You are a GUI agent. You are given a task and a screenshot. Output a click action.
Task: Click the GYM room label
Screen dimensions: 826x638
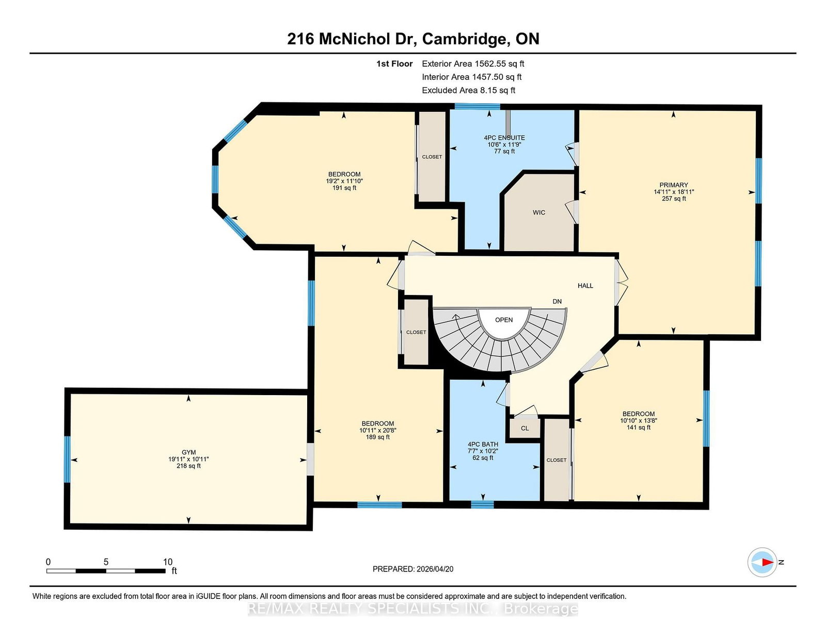(188, 452)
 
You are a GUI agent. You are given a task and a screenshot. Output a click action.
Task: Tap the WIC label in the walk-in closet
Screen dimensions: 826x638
(538, 212)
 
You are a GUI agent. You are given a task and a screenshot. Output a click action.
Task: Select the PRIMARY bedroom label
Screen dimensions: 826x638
(674, 185)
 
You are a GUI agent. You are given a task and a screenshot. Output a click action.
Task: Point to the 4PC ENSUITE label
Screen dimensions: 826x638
(504, 138)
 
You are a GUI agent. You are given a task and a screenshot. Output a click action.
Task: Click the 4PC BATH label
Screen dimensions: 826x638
(483, 444)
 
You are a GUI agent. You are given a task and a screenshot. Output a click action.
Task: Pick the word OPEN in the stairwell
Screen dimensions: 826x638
(504, 320)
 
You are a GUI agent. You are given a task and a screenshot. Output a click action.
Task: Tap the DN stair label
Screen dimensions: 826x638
(557, 302)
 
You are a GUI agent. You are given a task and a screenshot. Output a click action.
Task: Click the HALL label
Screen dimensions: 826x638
(585, 286)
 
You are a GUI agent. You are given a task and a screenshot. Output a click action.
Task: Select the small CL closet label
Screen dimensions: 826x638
(525, 429)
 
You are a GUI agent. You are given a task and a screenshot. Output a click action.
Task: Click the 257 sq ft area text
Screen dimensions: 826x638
(674, 199)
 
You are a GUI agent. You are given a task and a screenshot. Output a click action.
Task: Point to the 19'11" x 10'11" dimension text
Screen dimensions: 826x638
(188, 459)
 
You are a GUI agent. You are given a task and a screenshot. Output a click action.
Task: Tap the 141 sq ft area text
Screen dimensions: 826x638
(639, 427)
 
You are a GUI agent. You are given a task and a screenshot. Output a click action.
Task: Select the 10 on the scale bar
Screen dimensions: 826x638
(168, 562)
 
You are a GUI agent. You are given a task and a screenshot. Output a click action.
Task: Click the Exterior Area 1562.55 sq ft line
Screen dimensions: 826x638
(473, 64)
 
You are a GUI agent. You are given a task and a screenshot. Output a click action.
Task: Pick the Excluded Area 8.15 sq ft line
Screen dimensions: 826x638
(468, 90)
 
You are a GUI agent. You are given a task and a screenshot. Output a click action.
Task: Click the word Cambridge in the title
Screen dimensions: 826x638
(464, 39)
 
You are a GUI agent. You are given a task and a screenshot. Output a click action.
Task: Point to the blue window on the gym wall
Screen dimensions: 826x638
(67, 459)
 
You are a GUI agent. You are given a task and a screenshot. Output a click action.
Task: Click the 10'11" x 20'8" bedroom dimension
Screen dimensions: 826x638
(378, 430)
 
